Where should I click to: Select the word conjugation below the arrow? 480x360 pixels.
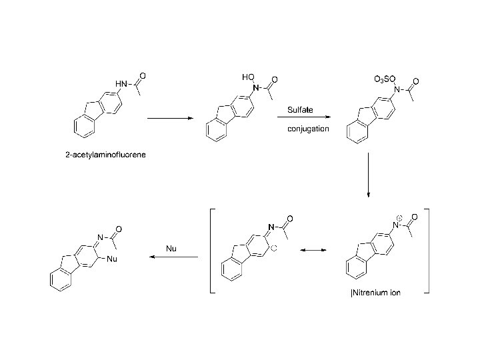click(x=308, y=128)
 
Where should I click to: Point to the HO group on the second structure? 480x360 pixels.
click(x=248, y=78)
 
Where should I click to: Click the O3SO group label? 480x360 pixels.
click(x=385, y=79)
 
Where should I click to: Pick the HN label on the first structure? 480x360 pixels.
click(x=121, y=83)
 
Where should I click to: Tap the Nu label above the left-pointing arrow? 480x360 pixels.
click(x=171, y=248)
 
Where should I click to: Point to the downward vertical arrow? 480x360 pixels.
click(x=368, y=175)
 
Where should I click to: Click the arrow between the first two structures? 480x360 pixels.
click(x=169, y=119)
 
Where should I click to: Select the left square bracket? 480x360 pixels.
click(x=212, y=251)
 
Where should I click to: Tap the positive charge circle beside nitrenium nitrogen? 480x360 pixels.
click(x=399, y=217)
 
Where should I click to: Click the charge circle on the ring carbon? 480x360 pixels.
click(x=273, y=249)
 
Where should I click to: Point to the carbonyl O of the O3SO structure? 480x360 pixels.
click(x=415, y=81)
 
